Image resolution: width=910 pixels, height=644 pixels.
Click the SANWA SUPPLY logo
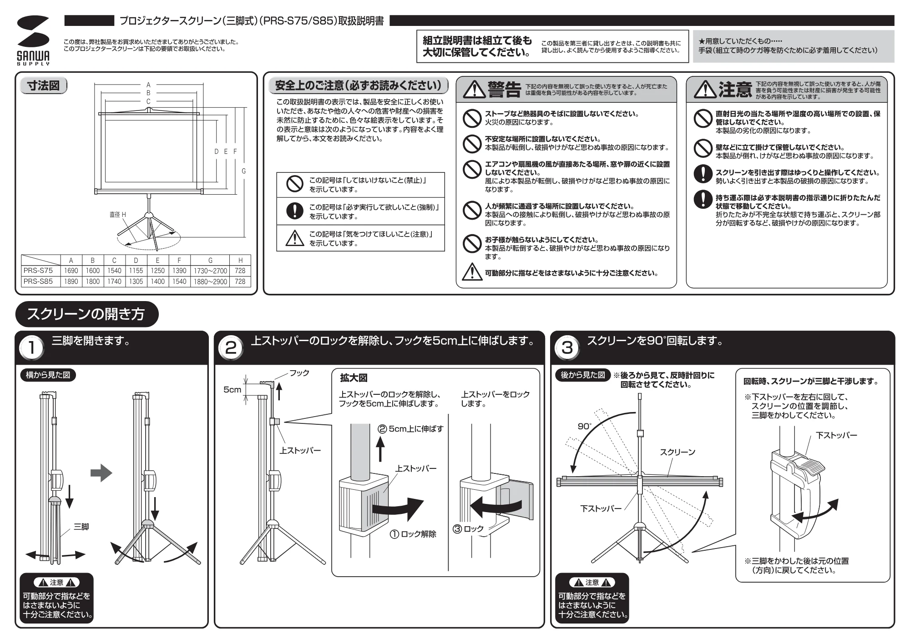click(33, 40)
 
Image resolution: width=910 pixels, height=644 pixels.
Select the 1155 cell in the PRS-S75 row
click(136, 271)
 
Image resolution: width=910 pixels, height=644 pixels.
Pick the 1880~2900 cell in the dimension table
click(210, 282)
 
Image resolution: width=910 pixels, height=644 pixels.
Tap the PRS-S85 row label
click(38, 282)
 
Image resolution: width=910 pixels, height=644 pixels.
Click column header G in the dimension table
click(210, 260)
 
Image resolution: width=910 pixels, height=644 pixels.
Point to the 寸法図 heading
click(44, 86)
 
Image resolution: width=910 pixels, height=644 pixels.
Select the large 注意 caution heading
click(735, 89)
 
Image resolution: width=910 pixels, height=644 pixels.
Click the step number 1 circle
click(32, 348)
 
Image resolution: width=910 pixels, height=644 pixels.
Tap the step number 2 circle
click(231, 348)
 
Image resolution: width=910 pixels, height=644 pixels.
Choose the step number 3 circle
click(567, 348)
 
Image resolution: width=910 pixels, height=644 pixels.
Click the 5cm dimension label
click(232, 390)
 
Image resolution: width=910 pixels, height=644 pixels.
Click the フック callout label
click(299, 373)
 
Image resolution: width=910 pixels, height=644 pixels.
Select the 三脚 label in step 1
click(81, 527)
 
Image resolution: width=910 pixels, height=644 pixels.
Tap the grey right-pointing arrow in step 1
click(101, 473)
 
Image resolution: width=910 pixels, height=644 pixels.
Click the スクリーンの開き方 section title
click(86, 314)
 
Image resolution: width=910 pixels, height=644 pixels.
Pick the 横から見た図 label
click(48, 375)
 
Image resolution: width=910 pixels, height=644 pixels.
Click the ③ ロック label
click(468, 529)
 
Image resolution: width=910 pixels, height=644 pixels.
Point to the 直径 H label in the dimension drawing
click(118, 215)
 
